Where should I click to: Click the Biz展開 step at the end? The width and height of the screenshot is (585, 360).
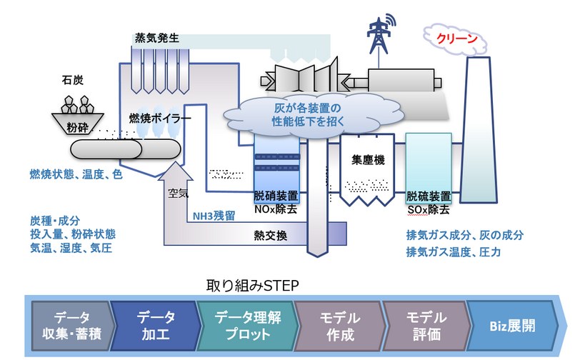512,325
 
